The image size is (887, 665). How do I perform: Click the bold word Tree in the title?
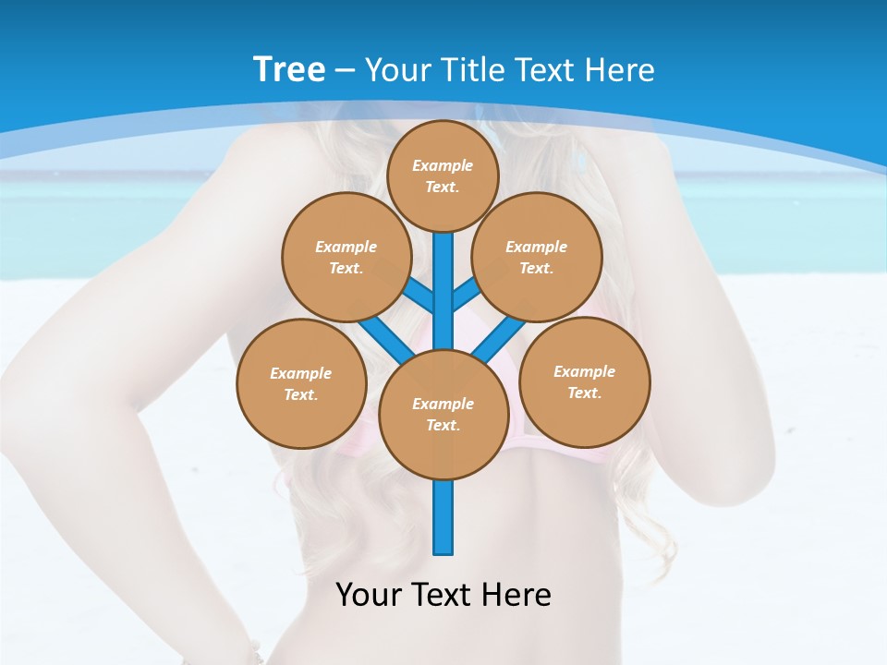[289, 69]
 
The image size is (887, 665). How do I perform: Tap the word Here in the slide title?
[618, 70]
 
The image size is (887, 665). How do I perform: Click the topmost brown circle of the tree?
[443, 175]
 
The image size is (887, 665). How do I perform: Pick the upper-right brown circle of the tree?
[537, 257]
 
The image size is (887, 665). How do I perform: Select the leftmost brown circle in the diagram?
[301, 383]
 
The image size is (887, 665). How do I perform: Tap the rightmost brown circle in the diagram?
[585, 381]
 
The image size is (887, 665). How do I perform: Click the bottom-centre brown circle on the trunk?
[443, 414]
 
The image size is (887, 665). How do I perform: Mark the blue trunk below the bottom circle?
[443, 517]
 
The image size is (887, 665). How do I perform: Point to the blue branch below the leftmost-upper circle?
[383, 334]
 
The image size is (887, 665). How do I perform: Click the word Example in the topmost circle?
[443, 165]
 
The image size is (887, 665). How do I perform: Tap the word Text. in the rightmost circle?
[585, 393]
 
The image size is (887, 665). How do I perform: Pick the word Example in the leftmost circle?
[300, 373]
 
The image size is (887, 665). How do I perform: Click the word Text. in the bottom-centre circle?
[443, 425]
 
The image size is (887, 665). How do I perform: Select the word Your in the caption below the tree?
[368, 594]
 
